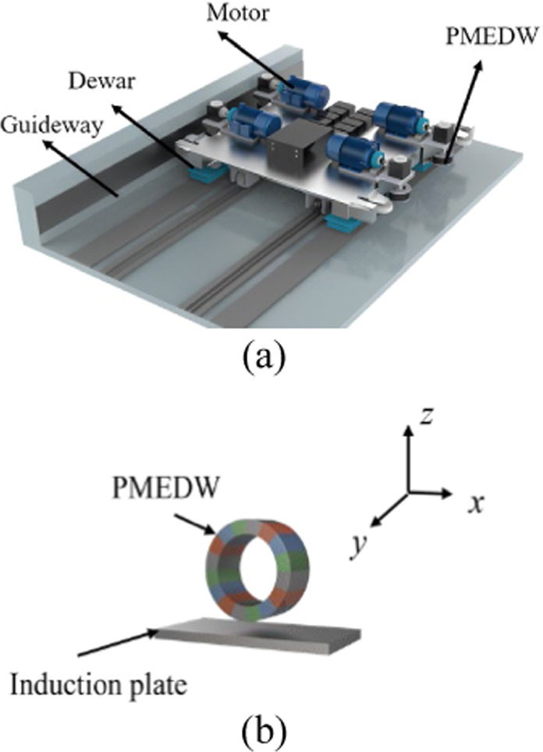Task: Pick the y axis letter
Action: coord(358,548)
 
